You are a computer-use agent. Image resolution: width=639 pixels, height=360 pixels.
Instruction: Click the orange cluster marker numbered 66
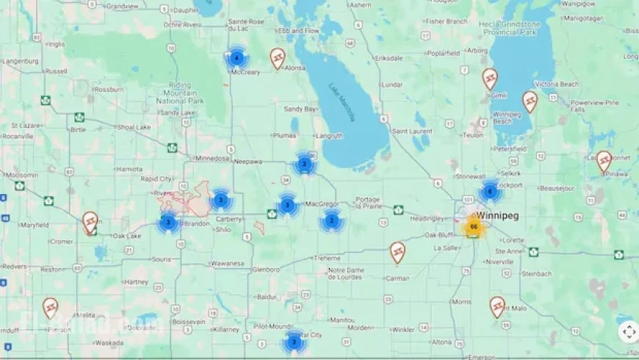[474, 226]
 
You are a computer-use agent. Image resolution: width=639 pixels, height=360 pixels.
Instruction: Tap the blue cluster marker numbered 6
[490, 192]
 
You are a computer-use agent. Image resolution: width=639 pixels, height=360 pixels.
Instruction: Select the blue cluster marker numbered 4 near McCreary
[237, 57]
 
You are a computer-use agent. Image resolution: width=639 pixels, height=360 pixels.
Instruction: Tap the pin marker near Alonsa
[277, 57]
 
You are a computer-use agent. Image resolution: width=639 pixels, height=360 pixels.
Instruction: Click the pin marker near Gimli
[490, 78]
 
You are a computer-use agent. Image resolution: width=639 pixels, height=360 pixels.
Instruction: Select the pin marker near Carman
[397, 252]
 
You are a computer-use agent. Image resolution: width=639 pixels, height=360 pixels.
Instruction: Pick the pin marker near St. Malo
[498, 306]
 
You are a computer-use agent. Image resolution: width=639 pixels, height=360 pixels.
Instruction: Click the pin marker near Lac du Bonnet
[604, 160]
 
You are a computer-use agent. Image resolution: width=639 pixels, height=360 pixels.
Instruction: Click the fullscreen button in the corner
[629, 332]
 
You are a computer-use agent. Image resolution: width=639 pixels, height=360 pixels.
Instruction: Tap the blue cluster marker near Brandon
[168, 222]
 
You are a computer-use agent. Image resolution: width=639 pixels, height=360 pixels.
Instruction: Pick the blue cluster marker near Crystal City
[294, 342]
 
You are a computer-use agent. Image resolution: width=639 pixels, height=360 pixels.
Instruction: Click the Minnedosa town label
[212, 158]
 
